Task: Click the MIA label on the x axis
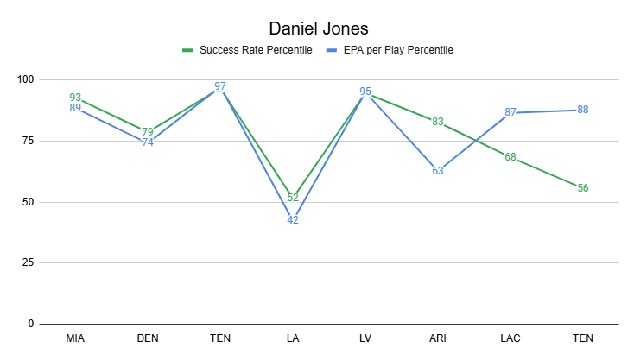pos(75,339)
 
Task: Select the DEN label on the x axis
pos(148,339)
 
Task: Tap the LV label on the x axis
pos(365,339)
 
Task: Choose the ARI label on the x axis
pos(438,339)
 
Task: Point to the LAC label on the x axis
pos(510,339)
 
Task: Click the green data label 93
pos(75,98)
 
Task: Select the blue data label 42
pos(293,220)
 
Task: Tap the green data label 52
pos(293,198)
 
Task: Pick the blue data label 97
pos(220,86)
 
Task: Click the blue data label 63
pos(438,170)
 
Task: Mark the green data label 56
pos(583,187)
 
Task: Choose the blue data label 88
pos(583,110)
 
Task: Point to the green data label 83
pos(438,122)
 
